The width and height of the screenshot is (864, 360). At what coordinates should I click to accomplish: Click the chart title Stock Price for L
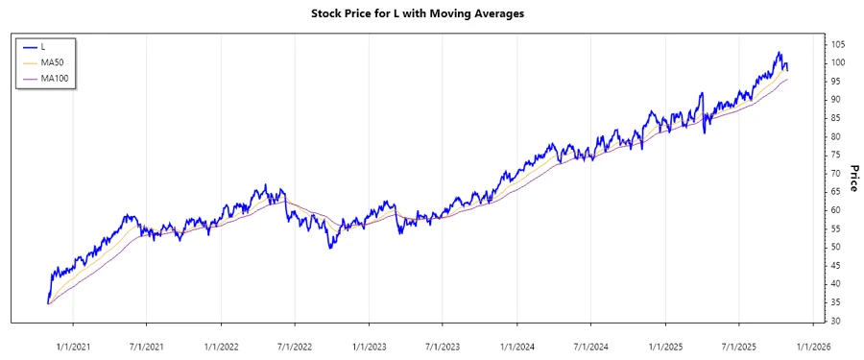(x=431, y=13)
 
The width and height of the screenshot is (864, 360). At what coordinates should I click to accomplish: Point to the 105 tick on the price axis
(x=838, y=45)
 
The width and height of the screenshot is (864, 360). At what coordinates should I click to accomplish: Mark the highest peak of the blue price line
(x=780, y=52)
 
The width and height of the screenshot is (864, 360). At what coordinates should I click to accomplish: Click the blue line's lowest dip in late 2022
(x=330, y=249)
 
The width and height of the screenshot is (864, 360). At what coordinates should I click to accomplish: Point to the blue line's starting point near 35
(x=47, y=303)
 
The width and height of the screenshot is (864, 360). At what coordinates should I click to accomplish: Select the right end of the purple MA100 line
(x=788, y=80)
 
